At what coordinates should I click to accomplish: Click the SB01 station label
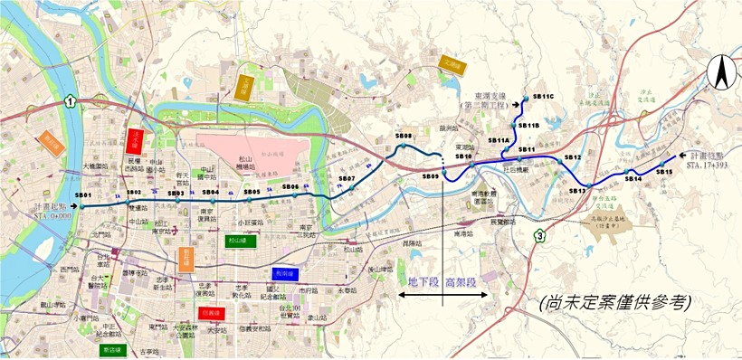click(84, 195)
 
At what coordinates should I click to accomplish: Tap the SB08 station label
click(404, 136)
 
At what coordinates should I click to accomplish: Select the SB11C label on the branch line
click(543, 96)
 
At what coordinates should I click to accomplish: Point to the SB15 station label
click(664, 171)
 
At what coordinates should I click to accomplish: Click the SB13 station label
click(578, 191)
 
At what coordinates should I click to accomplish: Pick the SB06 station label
click(290, 186)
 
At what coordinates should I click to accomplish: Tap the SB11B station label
click(529, 125)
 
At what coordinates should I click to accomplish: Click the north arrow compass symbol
click(721, 71)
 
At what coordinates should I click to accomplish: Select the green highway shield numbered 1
click(70, 103)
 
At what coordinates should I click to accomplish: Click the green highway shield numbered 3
click(540, 237)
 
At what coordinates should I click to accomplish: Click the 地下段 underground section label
click(423, 282)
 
